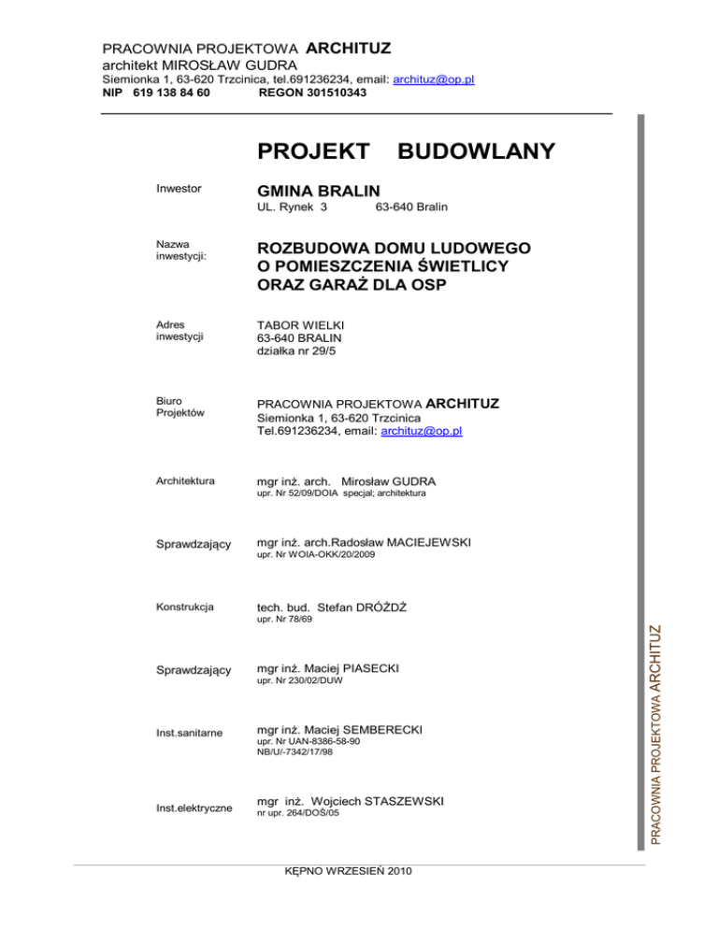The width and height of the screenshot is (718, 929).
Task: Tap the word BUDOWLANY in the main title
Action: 477,151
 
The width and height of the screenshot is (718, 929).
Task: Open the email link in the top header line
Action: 434,79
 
